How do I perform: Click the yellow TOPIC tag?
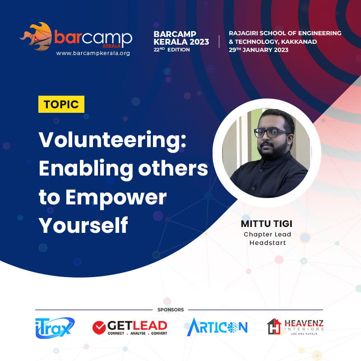click(x=61, y=105)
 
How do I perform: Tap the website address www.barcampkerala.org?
click(x=93, y=53)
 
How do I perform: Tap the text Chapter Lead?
click(x=268, y=234)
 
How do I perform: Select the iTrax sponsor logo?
click(x=55, y=328)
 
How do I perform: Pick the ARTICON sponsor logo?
click(x=217, y=327)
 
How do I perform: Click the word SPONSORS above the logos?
click(x=171, y=310)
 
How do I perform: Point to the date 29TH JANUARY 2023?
click(x=259, y=50)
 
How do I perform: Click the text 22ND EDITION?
click(x=172, y=50)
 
